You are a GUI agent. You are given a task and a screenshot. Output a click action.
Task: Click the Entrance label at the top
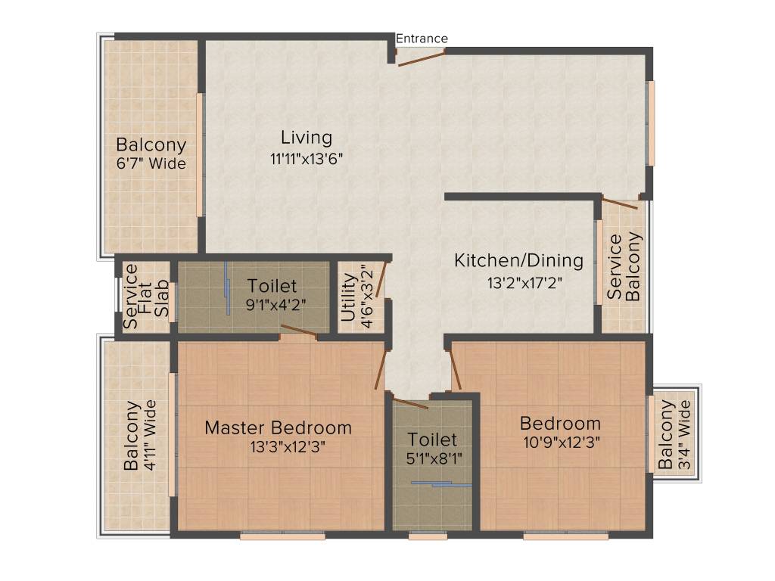pos(422,39)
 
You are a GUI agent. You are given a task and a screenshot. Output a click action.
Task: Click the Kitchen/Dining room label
pos(518,261)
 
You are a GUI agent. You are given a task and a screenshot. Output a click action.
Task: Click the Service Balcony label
pos(624,268)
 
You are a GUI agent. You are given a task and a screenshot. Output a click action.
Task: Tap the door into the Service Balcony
pos(620,203)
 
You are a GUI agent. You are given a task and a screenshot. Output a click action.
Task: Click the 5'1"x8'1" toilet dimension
pos(432,458)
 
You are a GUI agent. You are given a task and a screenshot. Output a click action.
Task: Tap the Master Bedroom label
pos(278,427)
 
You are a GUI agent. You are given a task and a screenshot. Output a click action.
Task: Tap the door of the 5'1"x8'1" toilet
pos(409,401)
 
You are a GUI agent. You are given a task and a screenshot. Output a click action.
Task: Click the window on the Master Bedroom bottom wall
pos(282,536)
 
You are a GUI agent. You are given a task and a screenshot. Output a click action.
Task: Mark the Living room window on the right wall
pos(650,123)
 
